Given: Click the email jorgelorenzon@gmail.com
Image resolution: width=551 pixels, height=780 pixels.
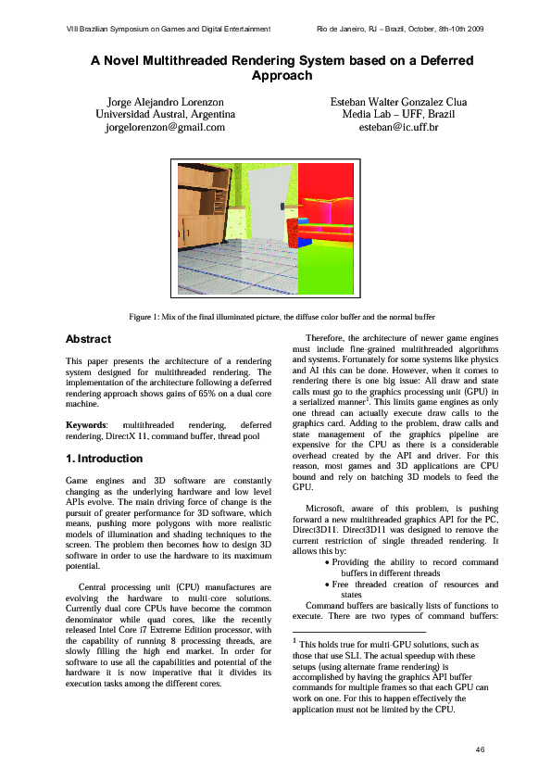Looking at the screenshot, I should coord(166,127).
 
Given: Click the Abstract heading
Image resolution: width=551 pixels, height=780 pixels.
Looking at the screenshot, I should coord(89,340).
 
